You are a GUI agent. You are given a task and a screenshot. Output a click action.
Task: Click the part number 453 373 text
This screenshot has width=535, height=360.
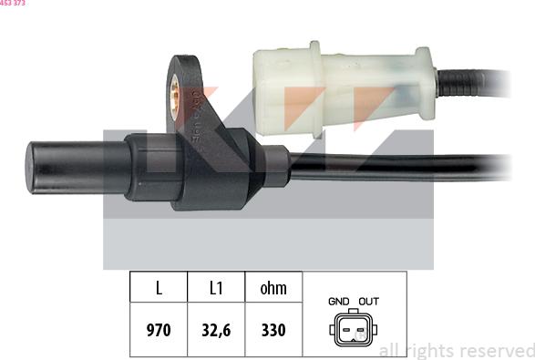(13, 3)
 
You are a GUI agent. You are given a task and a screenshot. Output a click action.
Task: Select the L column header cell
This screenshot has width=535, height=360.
(159, 287)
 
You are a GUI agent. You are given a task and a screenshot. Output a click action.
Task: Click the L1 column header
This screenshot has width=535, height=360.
(216, 287)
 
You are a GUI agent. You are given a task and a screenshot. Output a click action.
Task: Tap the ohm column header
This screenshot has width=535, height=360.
(273, 287)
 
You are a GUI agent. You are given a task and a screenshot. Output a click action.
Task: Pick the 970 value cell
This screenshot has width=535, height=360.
(159, 330)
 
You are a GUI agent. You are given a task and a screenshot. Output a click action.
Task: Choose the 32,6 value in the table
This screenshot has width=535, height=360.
(216, 330)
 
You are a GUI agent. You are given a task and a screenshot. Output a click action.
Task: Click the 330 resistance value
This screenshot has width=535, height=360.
(273, 330)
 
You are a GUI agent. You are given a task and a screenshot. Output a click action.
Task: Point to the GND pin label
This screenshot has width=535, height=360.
(338, 302)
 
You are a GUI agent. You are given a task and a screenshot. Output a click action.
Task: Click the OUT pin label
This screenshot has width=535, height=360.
(369, 302)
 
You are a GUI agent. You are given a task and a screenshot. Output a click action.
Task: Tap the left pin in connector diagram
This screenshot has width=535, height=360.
(346, 330)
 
